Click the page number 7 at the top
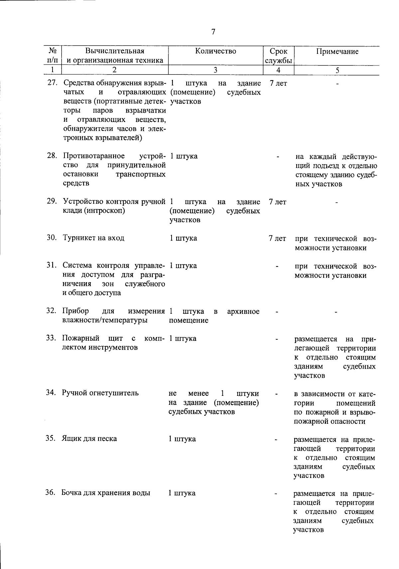pos(213,32)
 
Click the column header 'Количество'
pos(216,51)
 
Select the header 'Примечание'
pos(337,52)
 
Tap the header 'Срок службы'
pos(279,56)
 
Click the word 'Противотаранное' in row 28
pos(94,156)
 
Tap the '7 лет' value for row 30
pos(277,239)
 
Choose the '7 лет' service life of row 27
pos(278,83)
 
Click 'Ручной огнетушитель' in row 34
pos(100,393)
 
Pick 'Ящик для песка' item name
pos(89,439)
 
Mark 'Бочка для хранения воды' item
pos(106,493)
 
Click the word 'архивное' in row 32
pos(243,312)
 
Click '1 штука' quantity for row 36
pos(182,493)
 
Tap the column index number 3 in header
pos(215,70)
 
